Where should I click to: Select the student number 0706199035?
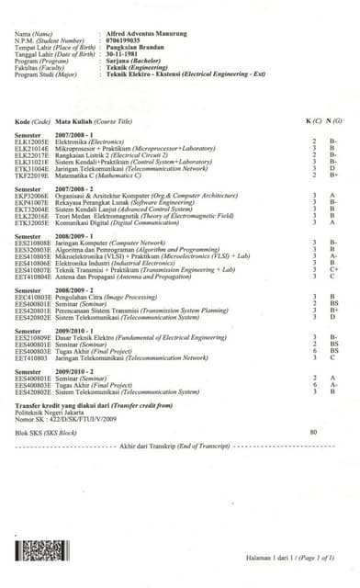click(x=123, y=40)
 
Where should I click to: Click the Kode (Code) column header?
click(x=33, y=147)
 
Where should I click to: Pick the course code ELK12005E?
click(x=34, y=168)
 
